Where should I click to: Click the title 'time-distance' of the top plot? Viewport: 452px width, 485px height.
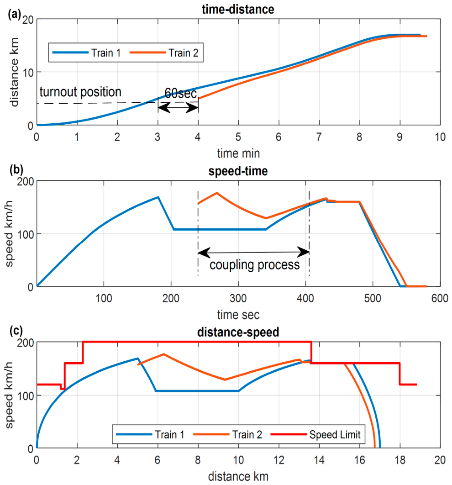coord(238,9)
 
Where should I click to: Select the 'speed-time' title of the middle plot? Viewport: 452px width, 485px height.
coord(238,171)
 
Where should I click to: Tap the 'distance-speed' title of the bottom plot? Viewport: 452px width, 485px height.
coord(238,332)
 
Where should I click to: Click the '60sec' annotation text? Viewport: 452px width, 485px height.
coord(180,94)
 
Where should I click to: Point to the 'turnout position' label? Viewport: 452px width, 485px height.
coord(80,92)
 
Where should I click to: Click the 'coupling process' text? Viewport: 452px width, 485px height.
coord(255,265)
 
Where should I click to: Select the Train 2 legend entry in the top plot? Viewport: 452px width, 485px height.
coord(164,53)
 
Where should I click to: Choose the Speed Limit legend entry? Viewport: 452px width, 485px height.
coord(315,435)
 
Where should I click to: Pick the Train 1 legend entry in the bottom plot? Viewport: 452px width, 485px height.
coord(150,435)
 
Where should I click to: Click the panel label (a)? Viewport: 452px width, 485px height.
coord(15,14)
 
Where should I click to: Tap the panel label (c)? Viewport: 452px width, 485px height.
coord(16,331)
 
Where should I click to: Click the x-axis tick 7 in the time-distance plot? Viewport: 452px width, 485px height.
coord(319,137)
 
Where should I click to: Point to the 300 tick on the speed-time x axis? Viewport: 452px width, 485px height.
coord(238,299)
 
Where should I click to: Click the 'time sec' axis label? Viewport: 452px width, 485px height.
coord(238,315)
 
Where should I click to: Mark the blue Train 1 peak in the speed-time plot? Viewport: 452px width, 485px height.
coord(158,197)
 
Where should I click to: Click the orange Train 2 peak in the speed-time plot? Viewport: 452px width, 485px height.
coord(217,193)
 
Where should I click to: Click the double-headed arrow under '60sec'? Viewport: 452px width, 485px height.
coord(178,108)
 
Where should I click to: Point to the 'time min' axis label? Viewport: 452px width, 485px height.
coord(238,153)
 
